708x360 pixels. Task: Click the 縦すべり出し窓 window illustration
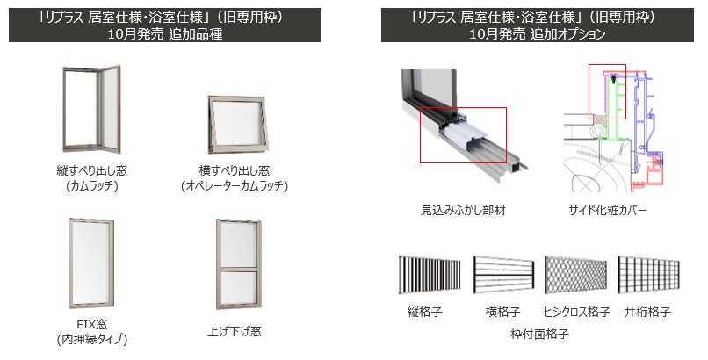(91, 109)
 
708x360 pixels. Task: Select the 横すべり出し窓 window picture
(238, 125)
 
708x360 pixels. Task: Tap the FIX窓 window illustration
(91, 263)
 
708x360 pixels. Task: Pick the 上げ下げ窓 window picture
(238, 264)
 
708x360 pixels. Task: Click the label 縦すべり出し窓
(91, 170)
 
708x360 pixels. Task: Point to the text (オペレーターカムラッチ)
(235, 185)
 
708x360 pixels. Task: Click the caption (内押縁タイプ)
(92, 339)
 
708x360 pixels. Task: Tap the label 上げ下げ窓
(235, 332)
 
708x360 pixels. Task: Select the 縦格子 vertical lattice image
(430, 275)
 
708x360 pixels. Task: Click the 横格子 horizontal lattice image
(503, 275)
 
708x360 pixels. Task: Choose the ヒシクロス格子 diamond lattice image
(575, 275)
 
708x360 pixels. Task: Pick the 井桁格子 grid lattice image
(648, 275)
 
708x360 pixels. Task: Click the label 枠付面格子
(539, 334)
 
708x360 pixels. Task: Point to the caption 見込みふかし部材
(463, 210)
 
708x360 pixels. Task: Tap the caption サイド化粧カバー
(607, 210)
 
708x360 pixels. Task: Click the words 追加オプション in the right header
(567, 34)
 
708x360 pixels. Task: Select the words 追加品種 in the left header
(196, 34)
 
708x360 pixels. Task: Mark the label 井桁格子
(647, 312)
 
